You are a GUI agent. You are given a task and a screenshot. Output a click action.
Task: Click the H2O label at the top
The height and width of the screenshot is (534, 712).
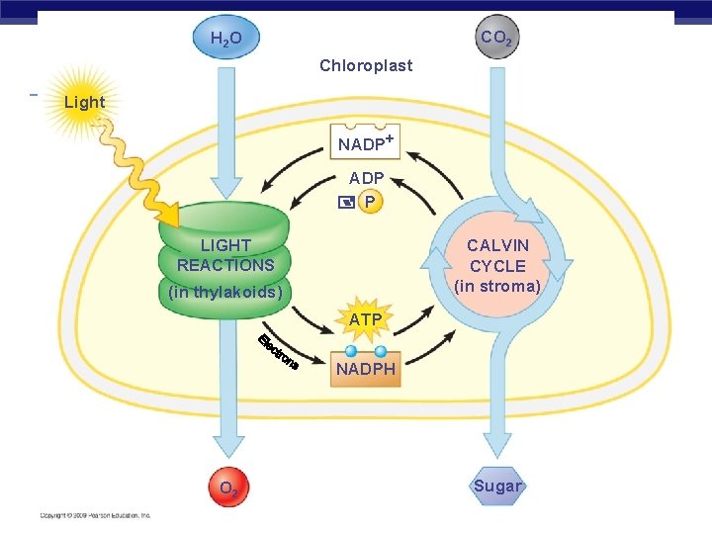tap(225, 40)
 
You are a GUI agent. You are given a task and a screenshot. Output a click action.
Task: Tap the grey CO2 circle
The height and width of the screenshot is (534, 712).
tap(495, 39)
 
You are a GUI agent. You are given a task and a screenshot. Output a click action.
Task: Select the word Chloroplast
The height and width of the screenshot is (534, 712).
tap(366, 66)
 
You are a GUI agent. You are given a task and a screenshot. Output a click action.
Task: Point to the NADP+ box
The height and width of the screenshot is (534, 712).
tap(366, 143)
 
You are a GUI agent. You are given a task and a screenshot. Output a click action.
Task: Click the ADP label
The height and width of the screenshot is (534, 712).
tap(366, 179)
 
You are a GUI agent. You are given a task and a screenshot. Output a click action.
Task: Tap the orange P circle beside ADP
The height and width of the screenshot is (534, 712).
tap(370, 202)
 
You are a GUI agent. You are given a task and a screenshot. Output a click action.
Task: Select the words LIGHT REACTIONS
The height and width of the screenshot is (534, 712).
tap(225, 255)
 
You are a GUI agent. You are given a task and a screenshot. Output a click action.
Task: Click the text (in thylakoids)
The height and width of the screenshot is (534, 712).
tap(225, 293)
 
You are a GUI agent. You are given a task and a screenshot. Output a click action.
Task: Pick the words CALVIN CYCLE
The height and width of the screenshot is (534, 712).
tap(497, 255)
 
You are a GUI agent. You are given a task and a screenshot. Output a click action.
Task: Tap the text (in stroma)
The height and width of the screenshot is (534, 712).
tap(497, 287)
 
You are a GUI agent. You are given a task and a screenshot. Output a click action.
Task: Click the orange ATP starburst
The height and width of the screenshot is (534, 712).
tap(366, 319)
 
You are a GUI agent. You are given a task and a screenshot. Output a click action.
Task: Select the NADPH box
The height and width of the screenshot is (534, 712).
tap(366, 369)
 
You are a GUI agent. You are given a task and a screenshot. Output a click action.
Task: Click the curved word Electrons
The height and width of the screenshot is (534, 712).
tap(278, 354)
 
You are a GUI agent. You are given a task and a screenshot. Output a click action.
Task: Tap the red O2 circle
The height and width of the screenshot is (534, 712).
tap(226, 488)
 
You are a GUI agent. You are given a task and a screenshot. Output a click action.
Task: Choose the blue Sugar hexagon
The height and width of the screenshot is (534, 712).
tap(497, 486)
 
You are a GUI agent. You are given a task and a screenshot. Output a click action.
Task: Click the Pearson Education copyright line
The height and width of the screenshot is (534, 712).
tap(95, 515)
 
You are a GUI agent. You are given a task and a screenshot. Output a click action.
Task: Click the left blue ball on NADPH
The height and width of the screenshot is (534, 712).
tap(351, 351)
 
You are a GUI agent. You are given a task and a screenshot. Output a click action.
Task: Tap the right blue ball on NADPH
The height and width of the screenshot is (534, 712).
tap(381, 351)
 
